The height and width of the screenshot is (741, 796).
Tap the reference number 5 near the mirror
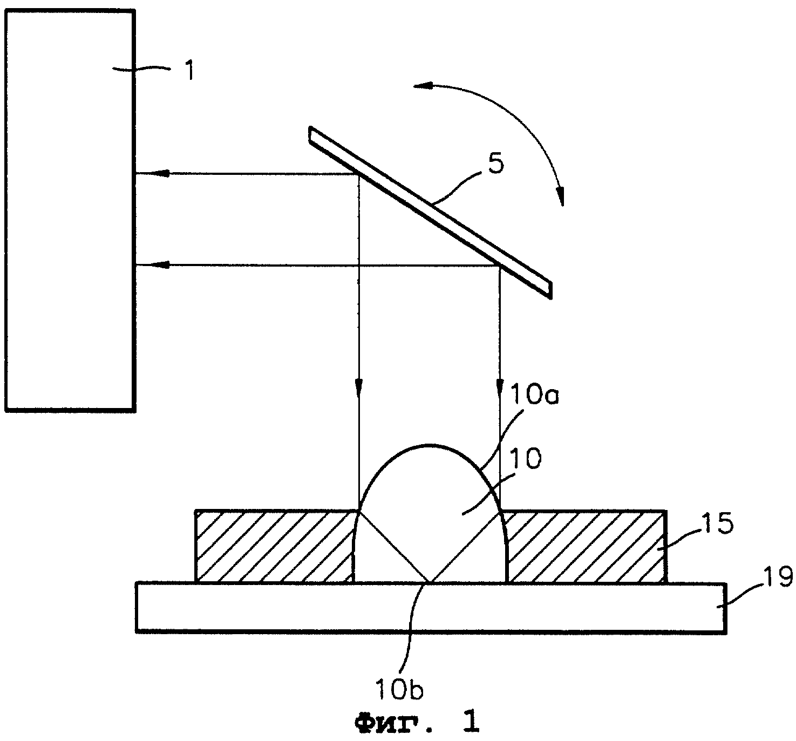pos(496,163)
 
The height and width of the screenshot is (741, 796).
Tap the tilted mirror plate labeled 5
pos(430,213)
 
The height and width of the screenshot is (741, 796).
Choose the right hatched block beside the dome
pos(584,547)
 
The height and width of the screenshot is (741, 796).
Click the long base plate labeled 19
pos(431,608)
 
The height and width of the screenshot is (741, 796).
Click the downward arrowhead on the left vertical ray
pos(359,388)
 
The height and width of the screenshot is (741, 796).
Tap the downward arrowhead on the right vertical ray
pos(499,388)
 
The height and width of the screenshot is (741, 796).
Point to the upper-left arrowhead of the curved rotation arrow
pos(423,85)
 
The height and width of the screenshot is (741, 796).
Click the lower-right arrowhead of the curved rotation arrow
pos(561,196)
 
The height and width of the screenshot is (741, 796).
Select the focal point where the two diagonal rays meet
pos(430,582)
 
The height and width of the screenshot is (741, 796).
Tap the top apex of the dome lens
pos(430,445)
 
